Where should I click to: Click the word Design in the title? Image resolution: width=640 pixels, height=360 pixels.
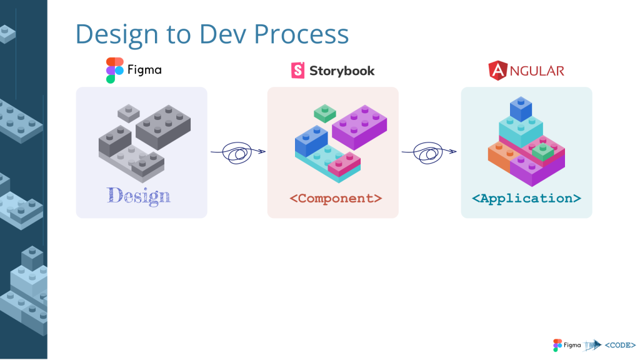(x=117, y=35)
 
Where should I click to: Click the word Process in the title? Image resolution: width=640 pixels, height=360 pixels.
(x=301, y=34)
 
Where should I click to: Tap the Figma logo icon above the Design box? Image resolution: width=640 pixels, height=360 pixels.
(x=115, y=70)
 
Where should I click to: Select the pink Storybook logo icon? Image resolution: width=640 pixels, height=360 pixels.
(x=297, y=70)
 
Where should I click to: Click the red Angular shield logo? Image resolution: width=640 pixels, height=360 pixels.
(x=497, y=70)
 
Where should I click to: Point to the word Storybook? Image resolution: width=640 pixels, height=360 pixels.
(x=342, y=71)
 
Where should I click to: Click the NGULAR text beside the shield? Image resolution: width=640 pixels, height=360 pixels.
(x=537, y=71)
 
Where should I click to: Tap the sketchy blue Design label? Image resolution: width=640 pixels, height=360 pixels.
(x=139, y=196)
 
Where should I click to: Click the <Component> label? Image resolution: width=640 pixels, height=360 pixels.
(x=336, y=198)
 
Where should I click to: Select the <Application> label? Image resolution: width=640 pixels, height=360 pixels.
(x=526, y=198)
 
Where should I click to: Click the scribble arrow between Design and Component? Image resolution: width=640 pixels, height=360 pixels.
(x=238, y=152)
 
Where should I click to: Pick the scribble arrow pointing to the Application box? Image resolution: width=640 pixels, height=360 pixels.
(x=429, y=152)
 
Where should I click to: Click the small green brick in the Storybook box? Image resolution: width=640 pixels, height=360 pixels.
(x=325, y=113)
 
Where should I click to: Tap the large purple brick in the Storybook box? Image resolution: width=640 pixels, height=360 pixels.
(x=359, y=126)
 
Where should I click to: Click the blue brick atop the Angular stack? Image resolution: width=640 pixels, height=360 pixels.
(x=521, y=109)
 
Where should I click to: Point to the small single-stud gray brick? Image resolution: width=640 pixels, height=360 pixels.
(x=129, y=113)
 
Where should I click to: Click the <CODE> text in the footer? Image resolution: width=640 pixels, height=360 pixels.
(x=620, y=345)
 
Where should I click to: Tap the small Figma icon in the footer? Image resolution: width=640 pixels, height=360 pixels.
(x=557, y=345)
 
